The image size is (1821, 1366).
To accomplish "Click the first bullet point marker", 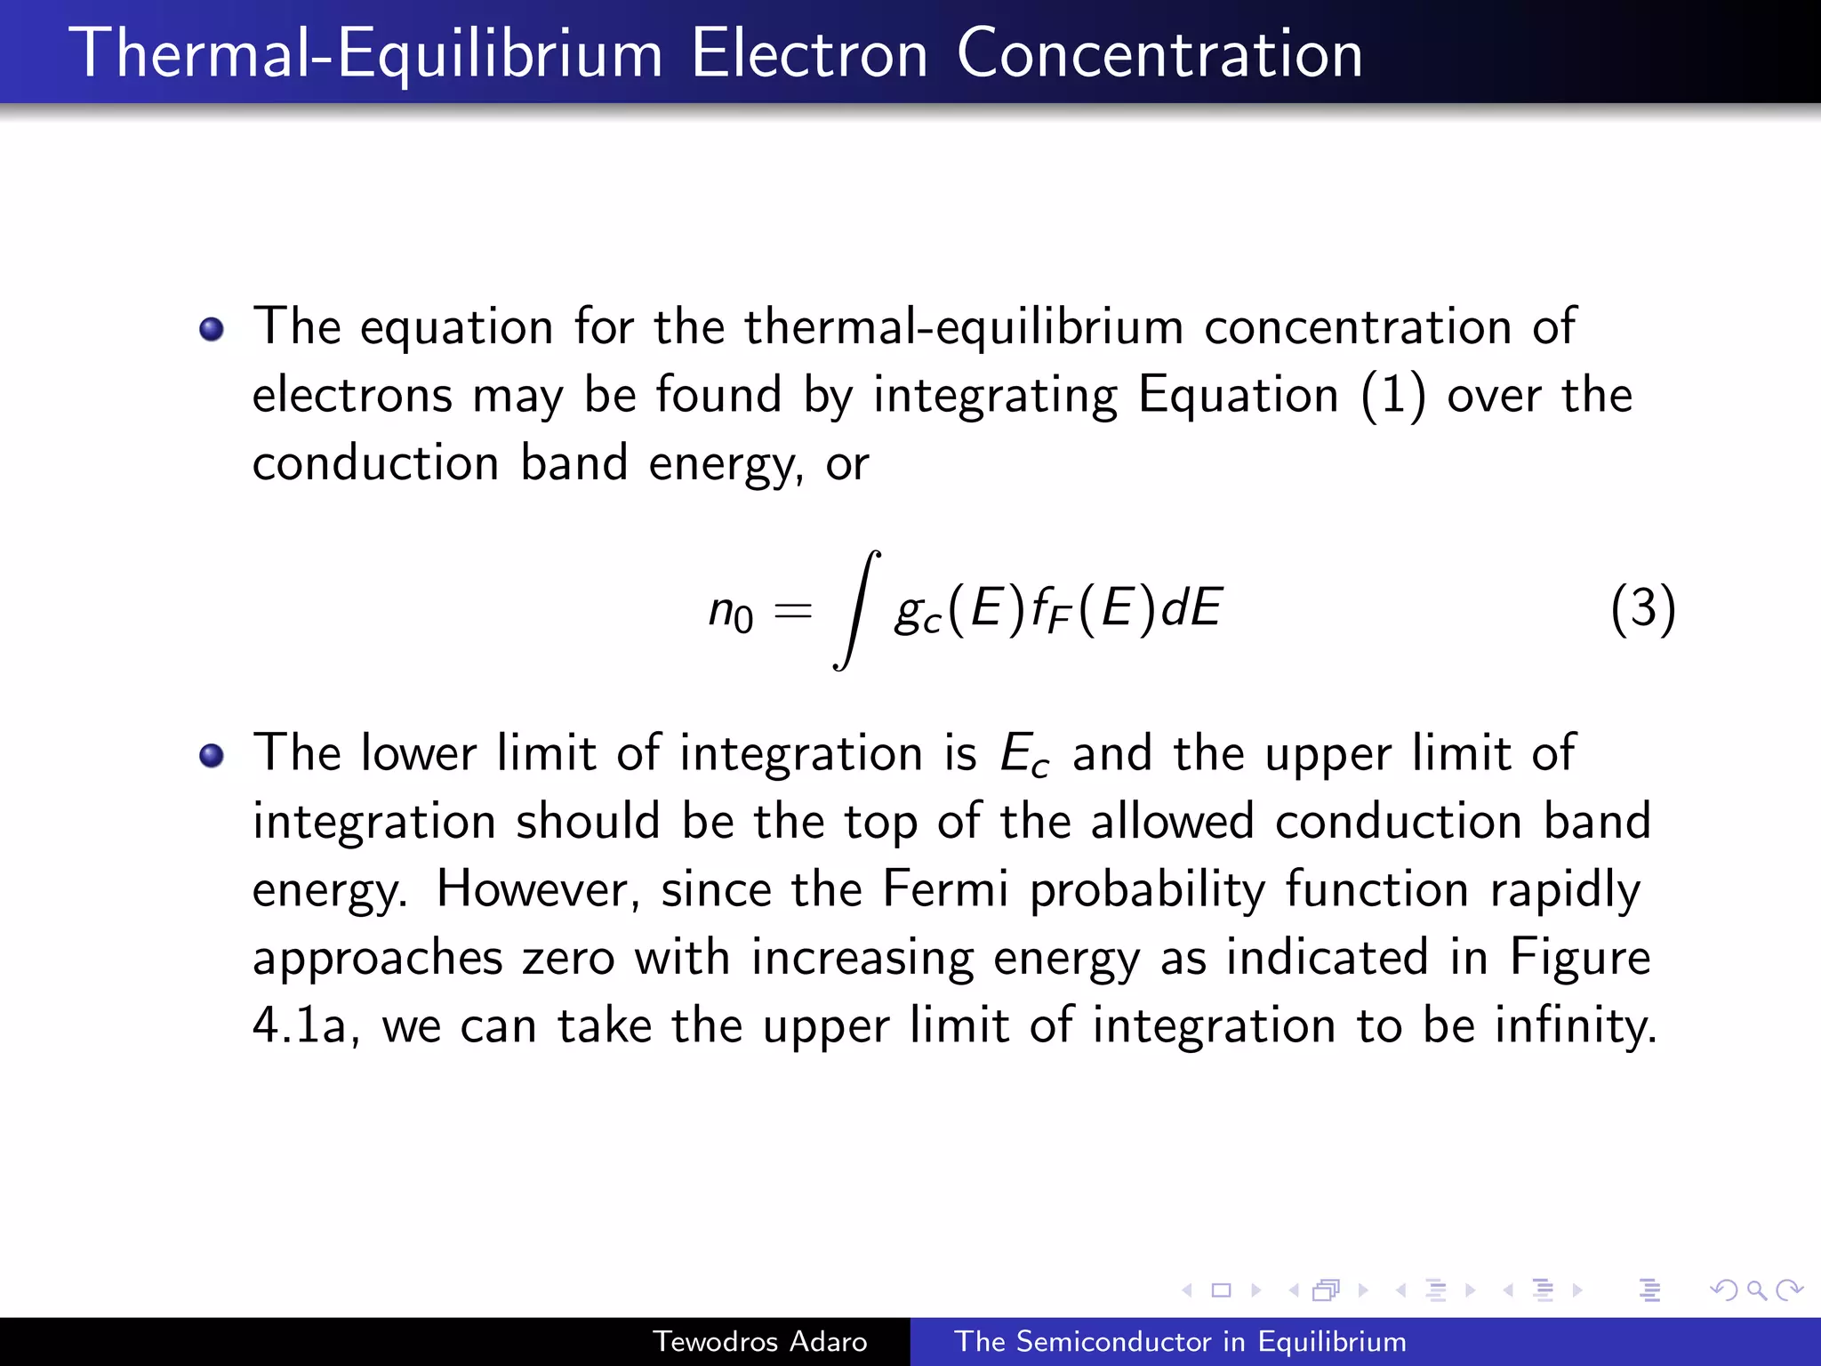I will pyautogui.click(x=212, y=330).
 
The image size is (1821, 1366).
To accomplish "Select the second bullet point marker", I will pyautogui.click(x=212, y=756).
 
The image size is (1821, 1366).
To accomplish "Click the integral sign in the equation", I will pyautogui.click(x=856, y=610).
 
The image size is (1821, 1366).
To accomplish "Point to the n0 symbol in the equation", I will pyautogui.click(x=730, y=613).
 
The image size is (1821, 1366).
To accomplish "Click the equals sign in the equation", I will pyautogui.click(x=793, y=611).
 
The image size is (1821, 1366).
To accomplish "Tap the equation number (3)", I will pyautogui.click(x=1643, y=609).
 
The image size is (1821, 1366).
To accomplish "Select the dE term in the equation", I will pyautogui.click(x=1191, y=608).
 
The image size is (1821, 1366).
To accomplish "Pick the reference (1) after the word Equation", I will pyautogui.click(x=1393, y=395).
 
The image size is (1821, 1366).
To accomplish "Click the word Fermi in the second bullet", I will pyautogui.click(x=945, y=888).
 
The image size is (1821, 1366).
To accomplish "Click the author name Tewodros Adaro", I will pyautogui.click(x=760, y=1341).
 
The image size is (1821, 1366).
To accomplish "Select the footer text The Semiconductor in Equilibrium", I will pyautogui.click(x=1180, y=1341).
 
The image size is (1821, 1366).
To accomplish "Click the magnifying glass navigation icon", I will pyautogui.click(x=1756, y=1290).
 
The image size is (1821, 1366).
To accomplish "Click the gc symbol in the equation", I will pyautogui.click(x=918, y=613).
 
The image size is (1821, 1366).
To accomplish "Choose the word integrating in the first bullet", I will pyautogui.click(x=995, y=397).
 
